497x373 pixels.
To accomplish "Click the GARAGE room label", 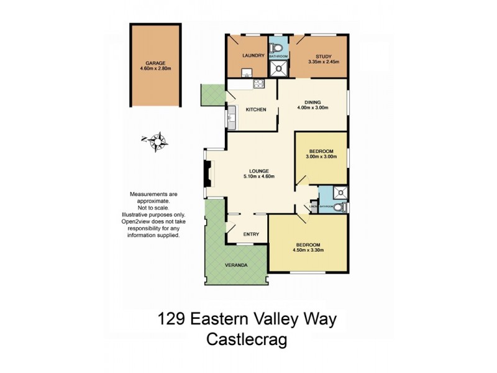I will point(155,63).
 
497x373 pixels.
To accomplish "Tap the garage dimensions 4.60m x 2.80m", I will point(155,69).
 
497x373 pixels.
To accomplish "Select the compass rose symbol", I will point(158,141).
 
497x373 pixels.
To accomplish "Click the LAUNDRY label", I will point(244,55).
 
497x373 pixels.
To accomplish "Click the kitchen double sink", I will point(232,116).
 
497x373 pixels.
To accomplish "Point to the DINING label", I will point(312,102).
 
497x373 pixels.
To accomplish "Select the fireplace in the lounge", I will point(209,173).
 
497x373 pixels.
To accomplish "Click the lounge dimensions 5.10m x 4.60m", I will point(259,176).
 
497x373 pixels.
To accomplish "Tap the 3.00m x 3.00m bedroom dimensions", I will point(321,157).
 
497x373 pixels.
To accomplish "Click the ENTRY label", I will point(250,234).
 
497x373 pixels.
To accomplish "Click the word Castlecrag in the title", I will point(247,341).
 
